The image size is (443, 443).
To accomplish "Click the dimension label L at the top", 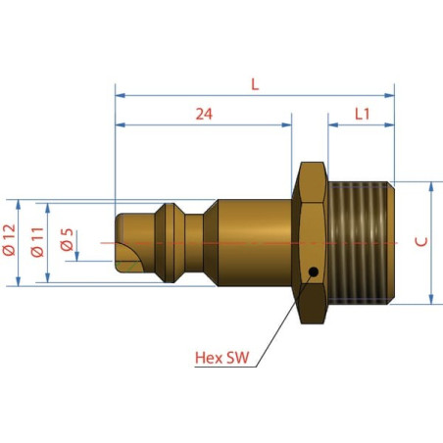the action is pyautogui.click(x=255, y=84).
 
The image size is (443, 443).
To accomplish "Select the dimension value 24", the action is pyautogui.click(x=204, y=114).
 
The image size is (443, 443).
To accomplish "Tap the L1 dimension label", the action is pyautogui.click(x=362, y=114).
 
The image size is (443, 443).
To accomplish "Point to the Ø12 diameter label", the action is pyautogui.click(x=9, y=240).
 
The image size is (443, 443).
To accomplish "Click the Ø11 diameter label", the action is pyautogui.click(x=37, y=242).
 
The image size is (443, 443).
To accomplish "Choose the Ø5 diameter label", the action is pyautogui.click(x=67, y=239).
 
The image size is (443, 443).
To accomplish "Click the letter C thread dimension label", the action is pyautogui.click(x=421, y=242).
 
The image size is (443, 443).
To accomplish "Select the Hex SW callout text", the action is pyautogui.click(x=221, y=358).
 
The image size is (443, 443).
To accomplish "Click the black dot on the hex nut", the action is pyautogui.click(x=314, y=271).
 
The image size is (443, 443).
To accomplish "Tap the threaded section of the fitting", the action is pyautogui.click(x=361, y=243).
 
